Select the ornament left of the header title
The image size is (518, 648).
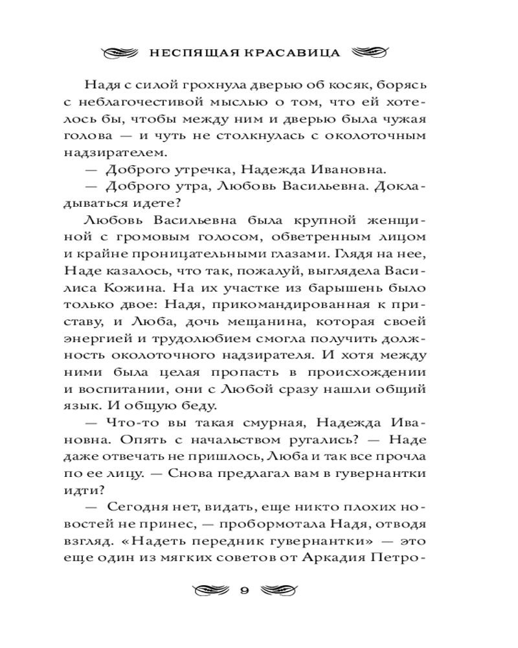pos(120,52)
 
